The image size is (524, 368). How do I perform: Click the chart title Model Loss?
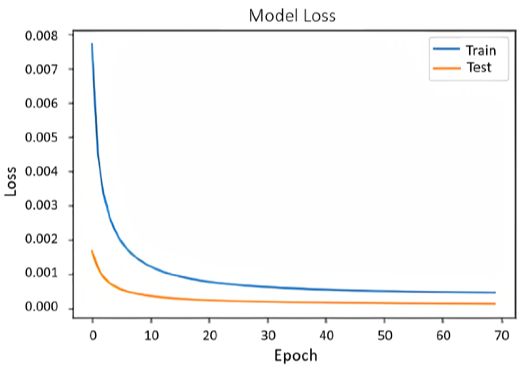point(292,16)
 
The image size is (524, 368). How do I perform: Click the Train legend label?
point(481,51)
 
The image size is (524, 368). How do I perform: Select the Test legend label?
point(479,68)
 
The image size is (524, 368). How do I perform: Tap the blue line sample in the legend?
point(446,49)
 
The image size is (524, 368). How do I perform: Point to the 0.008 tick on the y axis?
point(41,36)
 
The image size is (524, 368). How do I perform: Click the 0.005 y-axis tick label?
point(41,138)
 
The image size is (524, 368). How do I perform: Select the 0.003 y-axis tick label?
point(41,205)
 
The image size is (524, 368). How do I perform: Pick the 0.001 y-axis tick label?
point(41,273)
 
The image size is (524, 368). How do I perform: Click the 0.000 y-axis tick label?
point(41,307)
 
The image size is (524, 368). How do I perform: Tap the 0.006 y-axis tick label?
point(41,104)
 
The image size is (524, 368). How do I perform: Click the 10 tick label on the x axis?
point(151,336)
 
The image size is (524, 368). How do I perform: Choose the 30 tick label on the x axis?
point(268,336)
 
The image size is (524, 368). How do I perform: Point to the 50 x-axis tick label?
point(384,336)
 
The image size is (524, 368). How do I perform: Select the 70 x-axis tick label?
point(502,336)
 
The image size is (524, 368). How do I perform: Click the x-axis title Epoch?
point(295,356)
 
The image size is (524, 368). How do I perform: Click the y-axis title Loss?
point(11,181)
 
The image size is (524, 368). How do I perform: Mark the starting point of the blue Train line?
point(92,44)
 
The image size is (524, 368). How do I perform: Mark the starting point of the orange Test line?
point(92,251)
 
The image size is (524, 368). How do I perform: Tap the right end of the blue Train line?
point(495,293)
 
